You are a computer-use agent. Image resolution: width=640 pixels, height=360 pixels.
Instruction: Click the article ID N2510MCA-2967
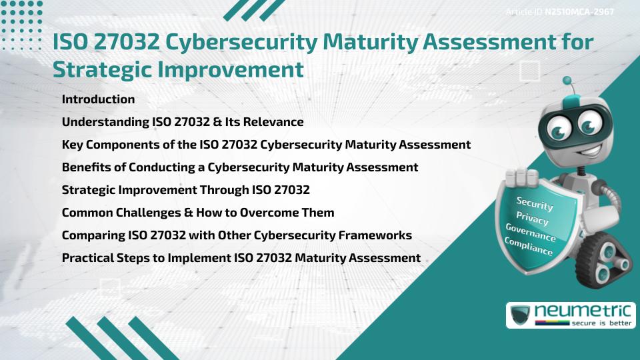pos(579,12)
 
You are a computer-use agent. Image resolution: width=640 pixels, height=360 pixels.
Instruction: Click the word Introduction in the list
pos(98,99)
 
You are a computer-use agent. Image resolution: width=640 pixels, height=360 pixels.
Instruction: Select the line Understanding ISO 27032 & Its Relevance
pos(182,122)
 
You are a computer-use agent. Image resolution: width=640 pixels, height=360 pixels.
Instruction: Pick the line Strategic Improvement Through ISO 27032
pos(185,190)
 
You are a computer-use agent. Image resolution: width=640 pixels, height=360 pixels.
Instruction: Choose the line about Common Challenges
pos(197,213)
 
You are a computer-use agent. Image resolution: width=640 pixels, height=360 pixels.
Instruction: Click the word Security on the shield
pos(535,203)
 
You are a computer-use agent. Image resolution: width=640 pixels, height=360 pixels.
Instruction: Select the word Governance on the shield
pos(531,233)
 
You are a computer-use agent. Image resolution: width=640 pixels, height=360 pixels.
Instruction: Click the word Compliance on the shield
pos(529,247)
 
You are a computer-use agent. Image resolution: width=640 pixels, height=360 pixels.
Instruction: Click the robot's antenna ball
pos(567,81)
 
